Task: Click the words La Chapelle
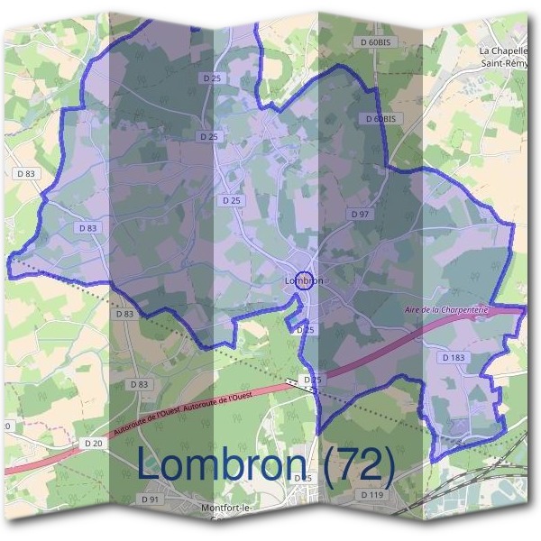click(501, 51)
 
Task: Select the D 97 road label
click(360, 214)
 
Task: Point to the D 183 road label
click(454, 358)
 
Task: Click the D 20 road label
click(92, 443)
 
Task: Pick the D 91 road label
click(150, 499)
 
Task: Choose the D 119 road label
click(371, 495)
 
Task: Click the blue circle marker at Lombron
click(304, 280)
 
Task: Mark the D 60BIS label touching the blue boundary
click(381, 119)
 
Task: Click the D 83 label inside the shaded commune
click(87, 228)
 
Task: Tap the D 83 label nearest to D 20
click(139, 384)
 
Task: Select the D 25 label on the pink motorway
click(312, 381)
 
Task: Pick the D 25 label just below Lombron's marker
click(307, 330)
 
